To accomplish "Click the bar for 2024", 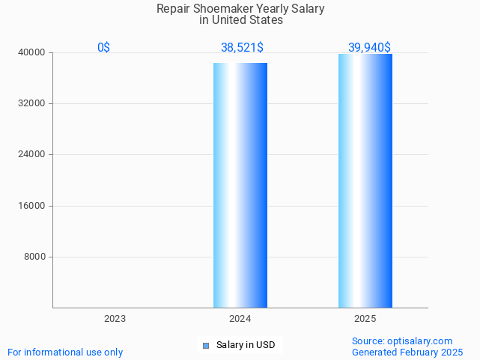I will pos(240,185).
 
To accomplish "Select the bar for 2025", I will pos(365,180).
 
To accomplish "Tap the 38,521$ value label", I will pos(242,47).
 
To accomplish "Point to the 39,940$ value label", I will pos(369,47).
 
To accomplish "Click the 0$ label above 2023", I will pos(103,47).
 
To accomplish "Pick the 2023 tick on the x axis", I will pos(115,319).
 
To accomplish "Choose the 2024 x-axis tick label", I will pos(240,319).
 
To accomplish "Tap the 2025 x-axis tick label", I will pos(365,319).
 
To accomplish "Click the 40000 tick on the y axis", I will pos(32,52).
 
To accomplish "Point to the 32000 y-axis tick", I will pos(32,103).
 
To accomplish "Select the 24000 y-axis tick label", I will pos(32,154).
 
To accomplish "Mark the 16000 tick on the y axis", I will pos(32,206).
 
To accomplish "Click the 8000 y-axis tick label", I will pos(34,257).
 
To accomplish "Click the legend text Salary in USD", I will pos(245,345).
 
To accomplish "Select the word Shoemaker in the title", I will pos(222,9).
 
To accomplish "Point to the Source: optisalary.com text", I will pos(402,341).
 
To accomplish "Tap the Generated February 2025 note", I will pos(407,352).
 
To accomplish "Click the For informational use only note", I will pos(65,352).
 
